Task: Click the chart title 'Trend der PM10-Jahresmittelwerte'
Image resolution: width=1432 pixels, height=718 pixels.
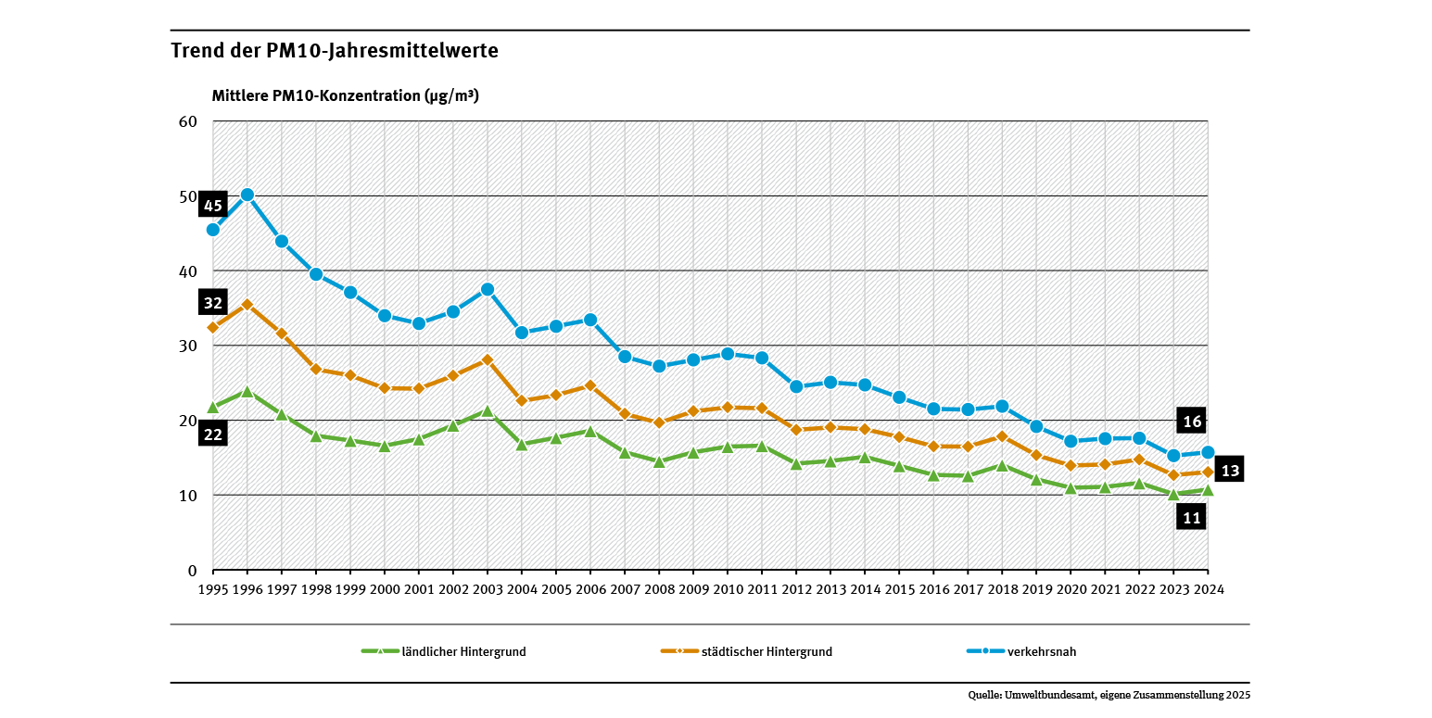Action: click(335, 51)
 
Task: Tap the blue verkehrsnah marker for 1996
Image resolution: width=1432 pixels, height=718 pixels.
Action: click(247, 195)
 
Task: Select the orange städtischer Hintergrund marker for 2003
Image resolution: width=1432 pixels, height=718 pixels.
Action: click(488, 359)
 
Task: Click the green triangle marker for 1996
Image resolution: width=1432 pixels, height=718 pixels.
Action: click(247, 391)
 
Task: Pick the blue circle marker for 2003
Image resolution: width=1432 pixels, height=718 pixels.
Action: click(488, 289)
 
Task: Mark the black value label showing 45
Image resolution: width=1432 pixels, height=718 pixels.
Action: click(212, 206)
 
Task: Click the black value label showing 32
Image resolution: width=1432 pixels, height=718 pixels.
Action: click(212, 303)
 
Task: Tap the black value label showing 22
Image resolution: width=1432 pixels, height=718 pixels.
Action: click(212, 434)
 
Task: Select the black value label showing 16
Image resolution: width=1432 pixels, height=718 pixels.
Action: click(1192, 421)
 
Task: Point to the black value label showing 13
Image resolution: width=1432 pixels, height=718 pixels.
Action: click(1229, 470)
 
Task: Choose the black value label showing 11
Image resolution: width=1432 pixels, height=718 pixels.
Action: click(1192, 518)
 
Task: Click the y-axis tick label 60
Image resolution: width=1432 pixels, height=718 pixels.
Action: click(188, 121)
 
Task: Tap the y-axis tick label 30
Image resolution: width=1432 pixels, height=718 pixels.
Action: click(188, 346)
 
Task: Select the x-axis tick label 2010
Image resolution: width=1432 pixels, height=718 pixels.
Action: click(728, 589)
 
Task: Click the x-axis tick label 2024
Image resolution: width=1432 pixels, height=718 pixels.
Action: click(1208, 589)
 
